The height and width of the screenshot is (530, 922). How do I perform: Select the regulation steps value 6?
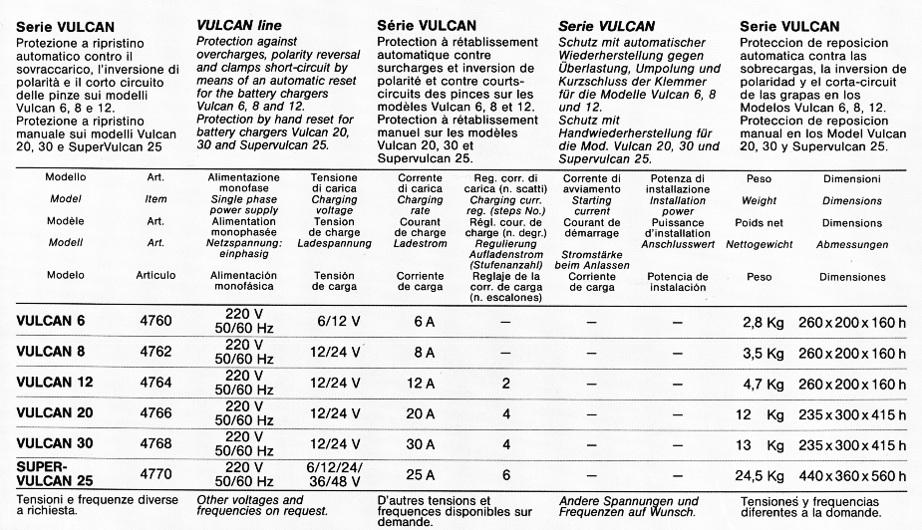(x=506, y=475)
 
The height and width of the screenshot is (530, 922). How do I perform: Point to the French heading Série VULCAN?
(x=426, y=25)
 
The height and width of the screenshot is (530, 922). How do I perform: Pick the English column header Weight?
(x=760, y=200)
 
